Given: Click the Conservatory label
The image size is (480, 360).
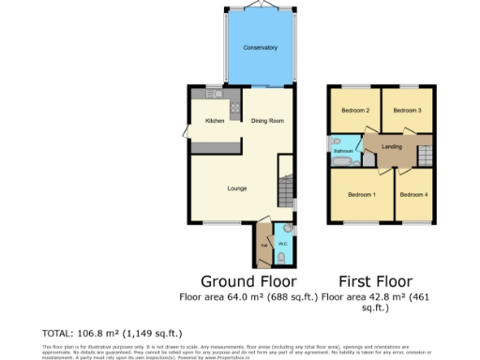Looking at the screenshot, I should tap(260, 48).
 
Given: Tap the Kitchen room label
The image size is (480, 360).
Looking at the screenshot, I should tap(215, 121).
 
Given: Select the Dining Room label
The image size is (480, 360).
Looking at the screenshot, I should tap(267, 121).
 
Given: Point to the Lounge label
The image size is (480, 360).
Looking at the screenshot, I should tap(236, 188).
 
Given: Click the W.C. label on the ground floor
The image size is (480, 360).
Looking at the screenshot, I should tap(282, 244).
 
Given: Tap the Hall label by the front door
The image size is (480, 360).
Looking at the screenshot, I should tap(264, 246).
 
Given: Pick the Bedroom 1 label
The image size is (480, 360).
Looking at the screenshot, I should tap(361, 194).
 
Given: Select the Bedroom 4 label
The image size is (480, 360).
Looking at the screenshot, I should tap(412, 194).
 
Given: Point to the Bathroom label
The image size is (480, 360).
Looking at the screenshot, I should tap(344, 150).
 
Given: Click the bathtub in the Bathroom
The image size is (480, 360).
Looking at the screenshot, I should tap(343, 161).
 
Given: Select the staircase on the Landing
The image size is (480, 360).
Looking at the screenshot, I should tap(424, 155).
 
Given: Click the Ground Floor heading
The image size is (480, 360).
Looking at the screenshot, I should tap(249, 281).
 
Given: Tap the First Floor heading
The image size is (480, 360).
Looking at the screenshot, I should tap(375, 281).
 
